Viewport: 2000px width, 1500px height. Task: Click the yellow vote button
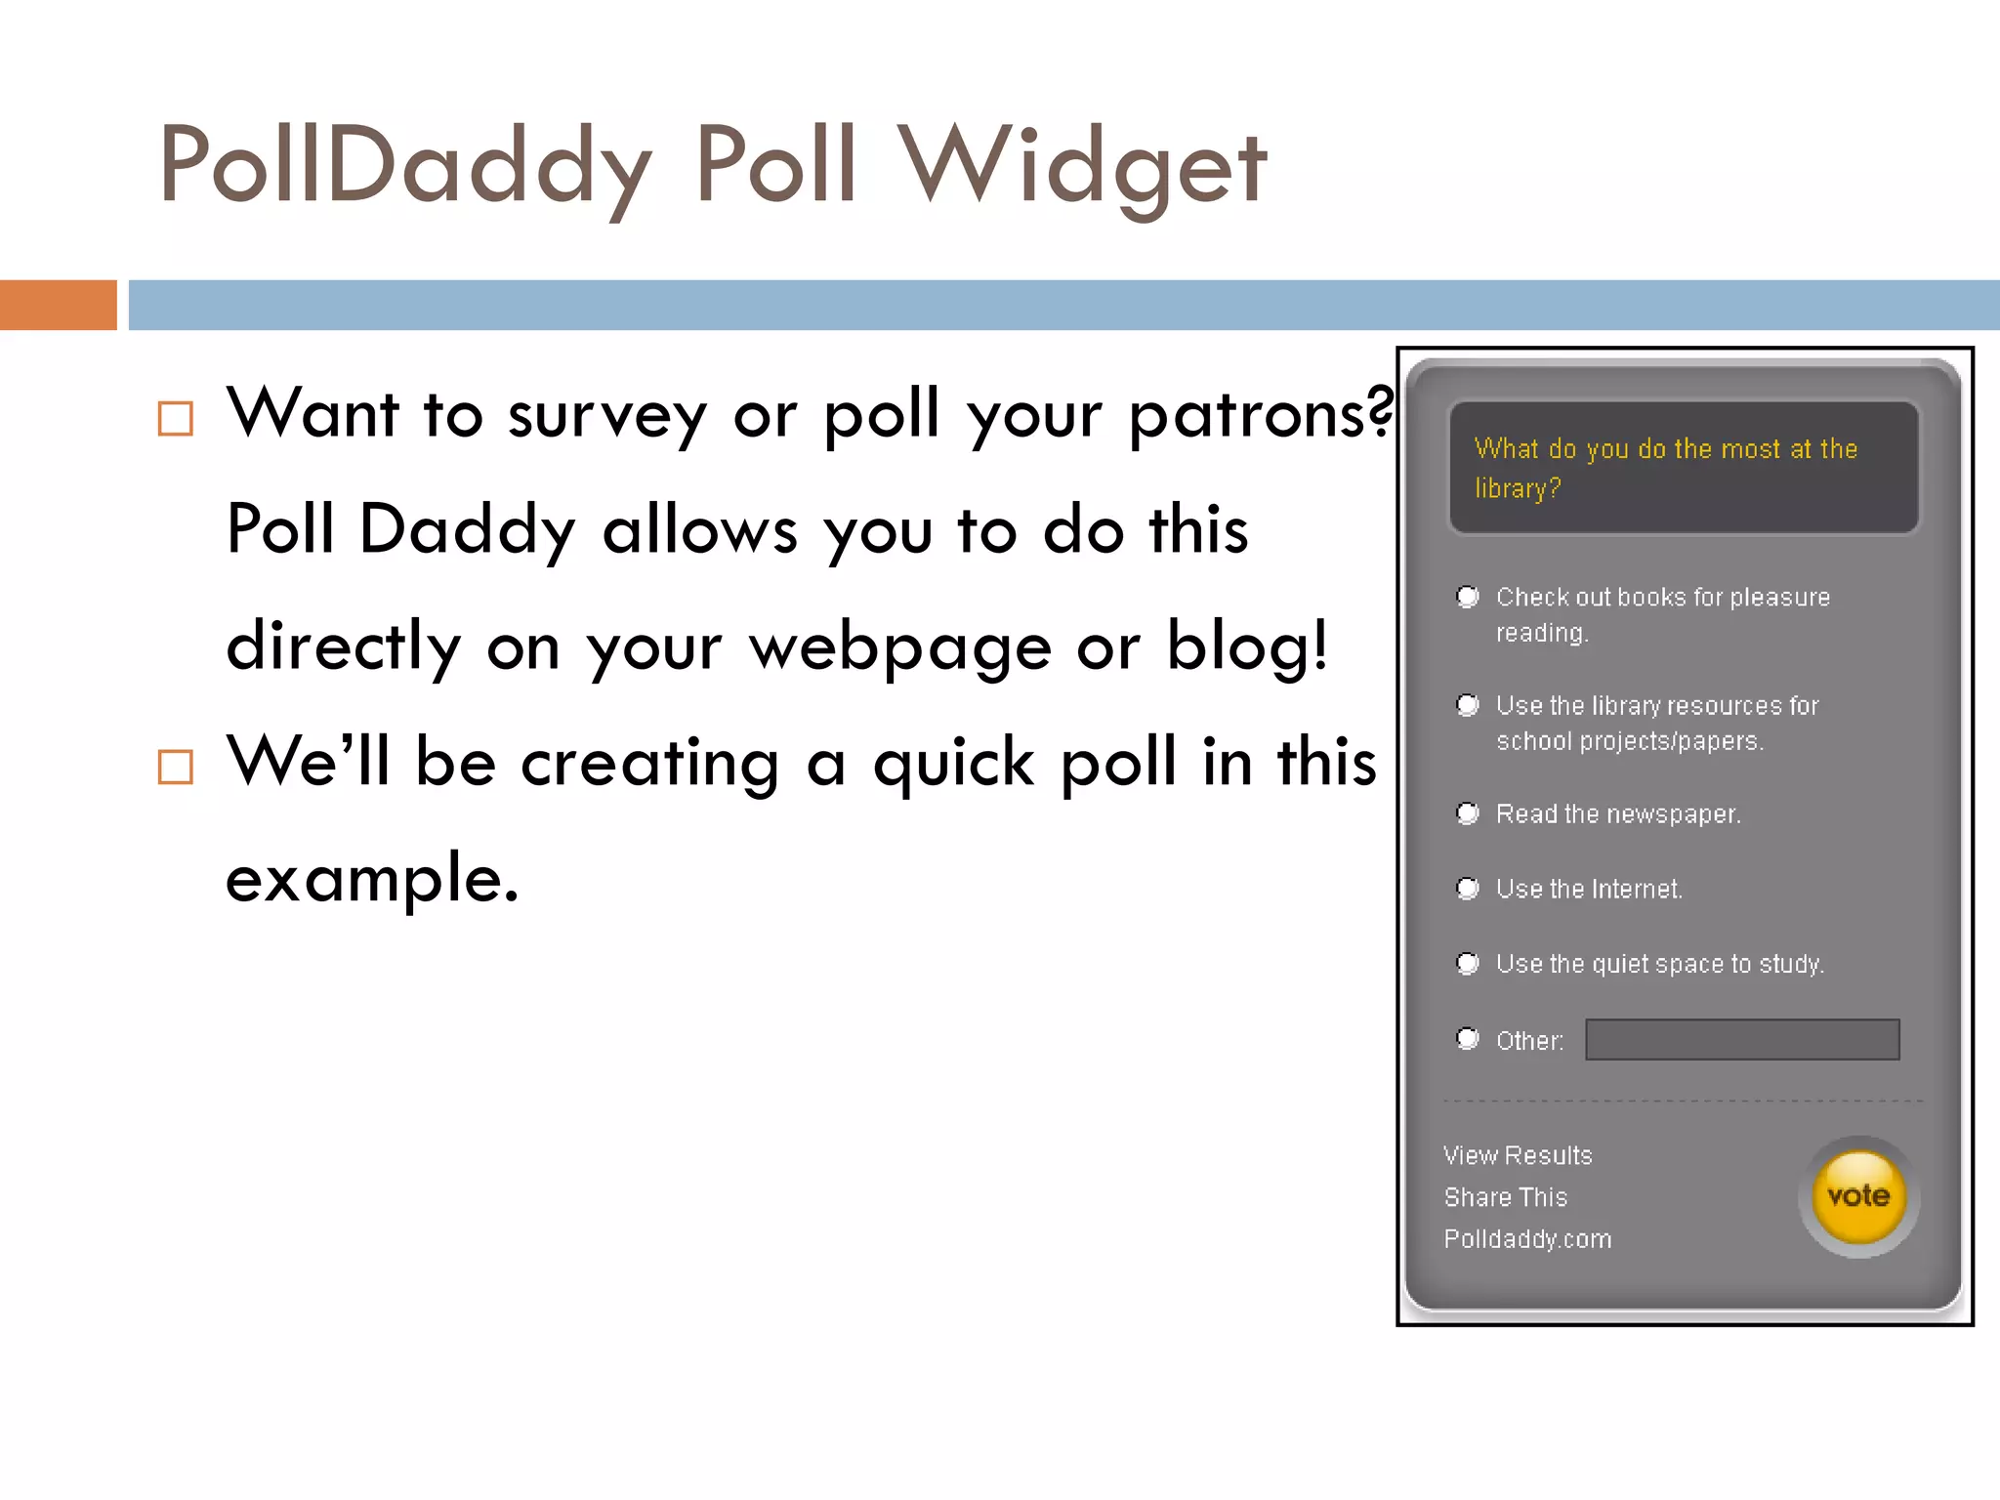tap(1858, 1196)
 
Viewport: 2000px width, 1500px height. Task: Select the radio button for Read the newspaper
tap(1467, 813)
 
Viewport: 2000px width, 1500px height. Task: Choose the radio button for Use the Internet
tap(1467, 888)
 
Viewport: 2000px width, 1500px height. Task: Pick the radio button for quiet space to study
tap(1467, 963)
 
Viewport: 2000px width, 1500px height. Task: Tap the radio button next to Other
tap(1467, 1038)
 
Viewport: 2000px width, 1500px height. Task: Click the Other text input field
tap(1742, 1039)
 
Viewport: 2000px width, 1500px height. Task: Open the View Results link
tap(1518, 1155)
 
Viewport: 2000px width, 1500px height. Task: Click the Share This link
tap(1505, 1197)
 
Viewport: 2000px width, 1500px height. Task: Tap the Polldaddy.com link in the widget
tap(1527, 1239)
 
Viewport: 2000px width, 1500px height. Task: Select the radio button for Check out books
tap(1467, 596)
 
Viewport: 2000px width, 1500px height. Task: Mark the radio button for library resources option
tap(1467, 704)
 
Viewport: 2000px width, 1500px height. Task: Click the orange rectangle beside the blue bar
tap(58, 305)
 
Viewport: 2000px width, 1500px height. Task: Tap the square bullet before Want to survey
tap(176, 419)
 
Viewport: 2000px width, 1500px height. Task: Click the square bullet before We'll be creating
tap(176, 768)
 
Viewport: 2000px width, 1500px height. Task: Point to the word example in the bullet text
tap(371, 878)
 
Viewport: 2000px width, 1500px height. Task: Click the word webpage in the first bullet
tap(899, 647)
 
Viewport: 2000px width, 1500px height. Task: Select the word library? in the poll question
tap(1518, 488)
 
